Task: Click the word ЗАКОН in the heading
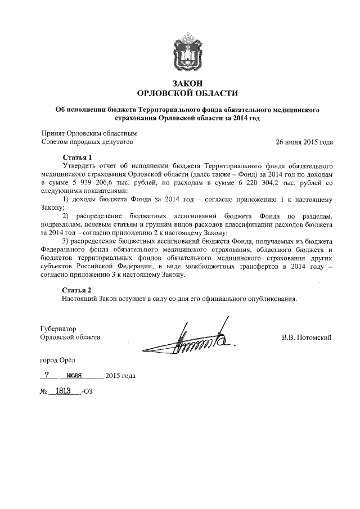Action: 188,83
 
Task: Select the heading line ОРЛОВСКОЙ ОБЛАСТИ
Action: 188,93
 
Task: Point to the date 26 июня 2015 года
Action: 304,142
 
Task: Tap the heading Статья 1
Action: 76,157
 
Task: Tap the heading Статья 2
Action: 76,290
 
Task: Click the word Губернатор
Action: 59,328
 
